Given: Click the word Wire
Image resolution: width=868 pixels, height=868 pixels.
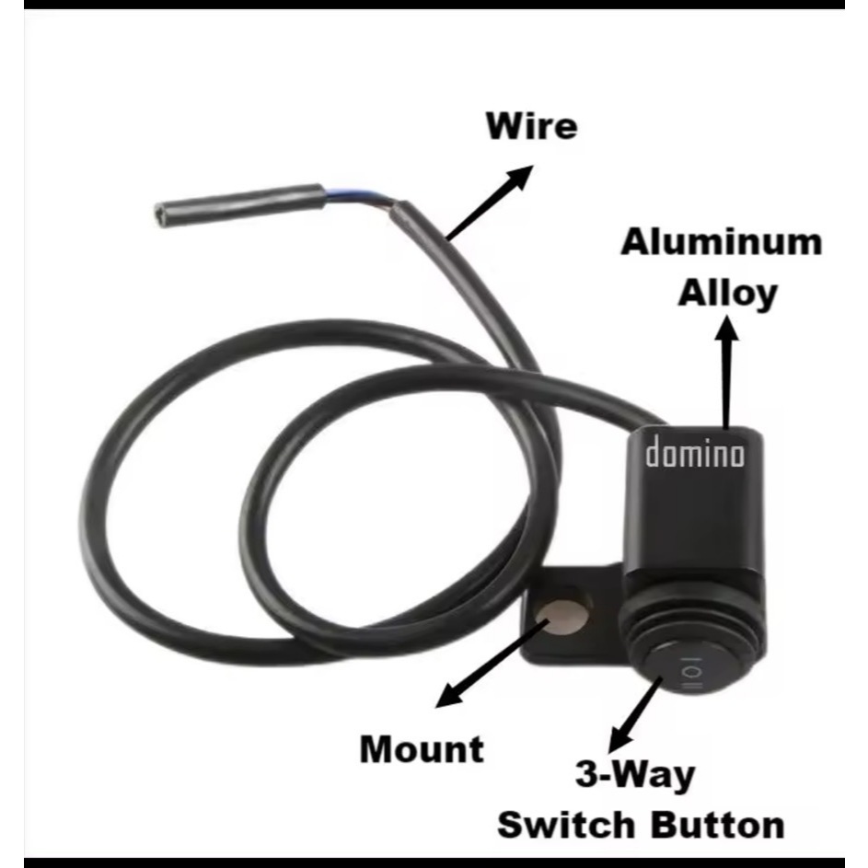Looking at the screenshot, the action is point(532,126).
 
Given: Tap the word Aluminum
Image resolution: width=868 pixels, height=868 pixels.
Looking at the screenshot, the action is point(721,242).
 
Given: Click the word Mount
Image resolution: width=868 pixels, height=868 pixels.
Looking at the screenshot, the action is point(421,748).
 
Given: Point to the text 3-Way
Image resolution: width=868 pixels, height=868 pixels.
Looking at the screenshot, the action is point(635,775).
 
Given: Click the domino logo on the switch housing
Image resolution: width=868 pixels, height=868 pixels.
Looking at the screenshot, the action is point(695,454).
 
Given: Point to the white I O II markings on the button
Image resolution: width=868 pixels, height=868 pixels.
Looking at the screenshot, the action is point(689,677).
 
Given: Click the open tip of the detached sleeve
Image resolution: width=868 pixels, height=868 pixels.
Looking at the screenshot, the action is point(162,214).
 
